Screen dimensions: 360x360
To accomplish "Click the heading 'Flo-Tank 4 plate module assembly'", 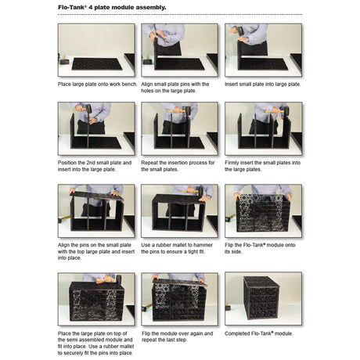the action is click(112, 7).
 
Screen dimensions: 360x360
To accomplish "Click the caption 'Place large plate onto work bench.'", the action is click(98, 85).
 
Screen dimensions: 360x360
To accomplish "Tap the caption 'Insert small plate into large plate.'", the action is click(263, 85).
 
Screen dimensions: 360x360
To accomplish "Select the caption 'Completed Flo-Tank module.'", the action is click(259, 333).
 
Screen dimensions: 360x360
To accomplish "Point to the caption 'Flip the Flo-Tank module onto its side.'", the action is click(260, 248).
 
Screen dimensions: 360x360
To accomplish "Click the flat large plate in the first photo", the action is click(97, 64).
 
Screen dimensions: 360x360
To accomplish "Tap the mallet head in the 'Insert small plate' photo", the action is click(240, 31).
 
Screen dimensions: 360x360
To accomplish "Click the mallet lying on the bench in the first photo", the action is click(63, 60).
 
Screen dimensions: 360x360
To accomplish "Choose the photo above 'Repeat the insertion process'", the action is click(180, 128).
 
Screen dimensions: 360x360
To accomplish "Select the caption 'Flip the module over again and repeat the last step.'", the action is click(178, 337).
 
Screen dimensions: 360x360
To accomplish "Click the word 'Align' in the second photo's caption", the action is click(147, 85).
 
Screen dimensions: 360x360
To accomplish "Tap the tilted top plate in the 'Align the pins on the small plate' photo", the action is click(96, 196).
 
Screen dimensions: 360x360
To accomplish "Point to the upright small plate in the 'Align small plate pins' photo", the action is click(156, 53).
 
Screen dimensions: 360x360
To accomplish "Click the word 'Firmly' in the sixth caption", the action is click(232, 163).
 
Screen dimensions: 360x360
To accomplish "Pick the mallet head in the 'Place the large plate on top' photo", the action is click(119, 279).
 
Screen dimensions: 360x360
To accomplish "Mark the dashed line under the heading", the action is click(180, 15).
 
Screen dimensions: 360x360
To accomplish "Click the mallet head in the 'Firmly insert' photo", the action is click(286, 112).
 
